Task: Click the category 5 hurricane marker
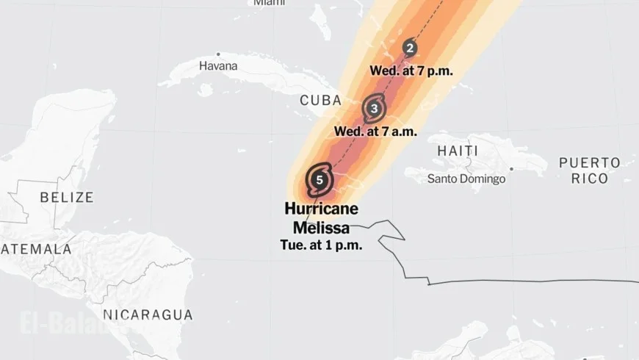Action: pyautogui.click(x=319, y=179)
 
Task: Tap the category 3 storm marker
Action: pyautogui.click(x=374, y=109)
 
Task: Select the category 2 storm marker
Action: pyautogui.click(x=410, y=48)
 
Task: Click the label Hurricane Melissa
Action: pyautogui.click(x=321, y=217)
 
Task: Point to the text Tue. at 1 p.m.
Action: pyautogui.click(x=321, y=245)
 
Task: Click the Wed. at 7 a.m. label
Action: pyautogui.click(x=375, y=132)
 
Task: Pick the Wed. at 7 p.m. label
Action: pyautogui.click(x=411, y=71)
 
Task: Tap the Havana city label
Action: pyautogui.click(x=218, y=65)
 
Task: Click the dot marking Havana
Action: pyautogui.click(x=218, y=54)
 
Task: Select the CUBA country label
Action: pyautogui.click(x=321, y=101)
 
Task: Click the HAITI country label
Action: pyautogui.click(x=458, y=151)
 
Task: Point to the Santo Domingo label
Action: pyautogui.click(x=466, y=179)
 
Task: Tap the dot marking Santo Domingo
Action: pyautogui.click(x=511, y=169)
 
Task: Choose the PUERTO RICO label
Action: pyautogui.click(x=589, y=170)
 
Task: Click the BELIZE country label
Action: pyautogui.click(x=67, y=197)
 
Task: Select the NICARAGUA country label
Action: pyautogui.click(x=148, y=315)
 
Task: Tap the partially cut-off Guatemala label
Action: pyautogui.click(x=36, y=249)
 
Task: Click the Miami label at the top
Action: pyautogui.click(x=270, y=3)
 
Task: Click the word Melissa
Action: pyautogui.click(x=321, y=228)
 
